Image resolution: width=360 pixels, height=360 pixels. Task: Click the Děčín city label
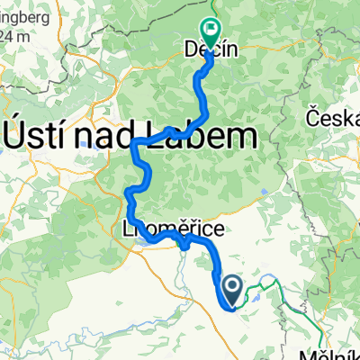click(210, 50)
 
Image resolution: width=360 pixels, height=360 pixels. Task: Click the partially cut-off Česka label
click(332, 118)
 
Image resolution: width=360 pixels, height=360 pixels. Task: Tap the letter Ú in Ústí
click(20, 136)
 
